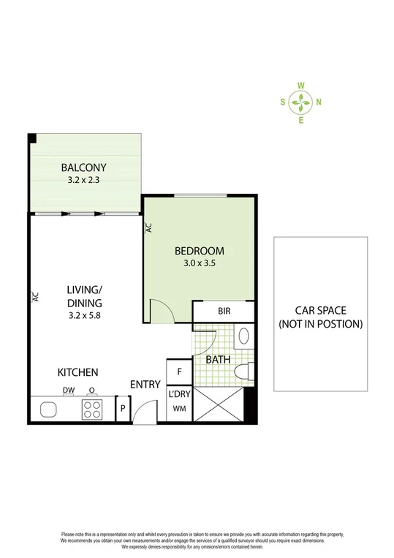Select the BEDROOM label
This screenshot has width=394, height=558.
tap(199, 252)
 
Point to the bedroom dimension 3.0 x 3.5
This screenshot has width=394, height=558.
tap(199, 265)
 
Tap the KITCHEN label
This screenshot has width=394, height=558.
tap(78, 372)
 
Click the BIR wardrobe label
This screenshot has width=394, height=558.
tap(224, 311)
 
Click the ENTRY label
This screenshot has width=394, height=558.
tap(145, 385)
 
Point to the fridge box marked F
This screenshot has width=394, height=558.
tap(178, 372)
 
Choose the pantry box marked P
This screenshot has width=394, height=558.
tap(124, 410)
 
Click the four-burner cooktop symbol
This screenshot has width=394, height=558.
tap(93, 410)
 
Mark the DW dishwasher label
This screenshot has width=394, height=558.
tap(69, 391)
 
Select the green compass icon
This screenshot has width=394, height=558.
tap(300, 102)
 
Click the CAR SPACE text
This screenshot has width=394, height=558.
tap(320, 310)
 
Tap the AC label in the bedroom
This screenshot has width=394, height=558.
tap(148, 227)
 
